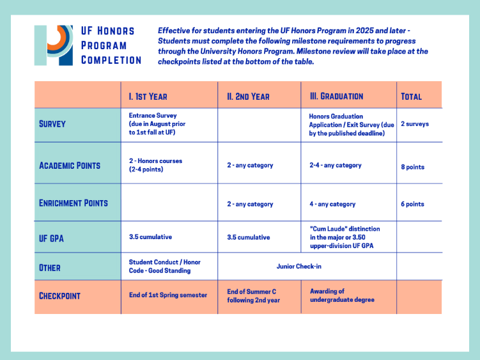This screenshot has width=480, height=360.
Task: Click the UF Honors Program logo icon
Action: click(x=54, y=45)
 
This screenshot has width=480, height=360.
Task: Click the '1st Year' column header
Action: click(x=148, y=97)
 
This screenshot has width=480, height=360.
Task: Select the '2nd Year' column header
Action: click(x=248, y=97)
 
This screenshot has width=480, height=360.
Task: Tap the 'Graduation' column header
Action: click(x=336, y=96)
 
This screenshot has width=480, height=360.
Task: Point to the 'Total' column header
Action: click(x=412, y=97)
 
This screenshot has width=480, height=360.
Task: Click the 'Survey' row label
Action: click(x=52, y=124)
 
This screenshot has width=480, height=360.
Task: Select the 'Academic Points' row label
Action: click(x=70, y=166)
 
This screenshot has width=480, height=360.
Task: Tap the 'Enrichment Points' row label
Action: click(x=74, y=203)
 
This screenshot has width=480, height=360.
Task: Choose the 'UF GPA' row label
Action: click(x=51, y=239)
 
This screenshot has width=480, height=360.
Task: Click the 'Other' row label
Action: click(x=50, y=268)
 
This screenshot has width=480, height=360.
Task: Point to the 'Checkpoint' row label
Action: click(x=59, y=296)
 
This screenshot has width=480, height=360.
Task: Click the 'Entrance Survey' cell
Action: click(x=157, y=124)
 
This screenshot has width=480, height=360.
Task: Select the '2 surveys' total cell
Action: click(x=415, y=124)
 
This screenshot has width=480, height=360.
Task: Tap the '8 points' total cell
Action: click(x=413, y=167)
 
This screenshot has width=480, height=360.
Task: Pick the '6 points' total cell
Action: click(x=412, y=204)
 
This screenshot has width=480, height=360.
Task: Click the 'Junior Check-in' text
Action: click(x=298, y=266)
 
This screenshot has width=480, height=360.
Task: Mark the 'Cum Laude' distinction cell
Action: click(x=345, y=237)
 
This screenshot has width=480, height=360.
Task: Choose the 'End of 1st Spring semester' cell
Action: click(x=168, y=295)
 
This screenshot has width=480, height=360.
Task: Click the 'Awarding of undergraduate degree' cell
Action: click(x=342, y=295)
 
